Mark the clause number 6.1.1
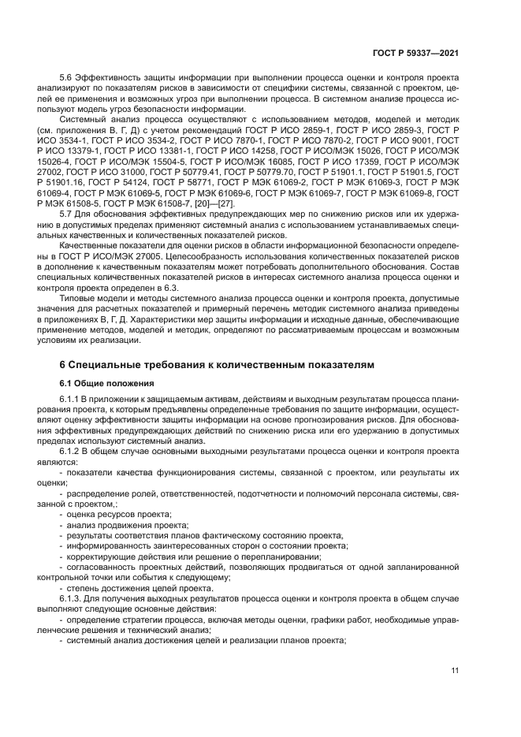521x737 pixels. click(x=72, y=401)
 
